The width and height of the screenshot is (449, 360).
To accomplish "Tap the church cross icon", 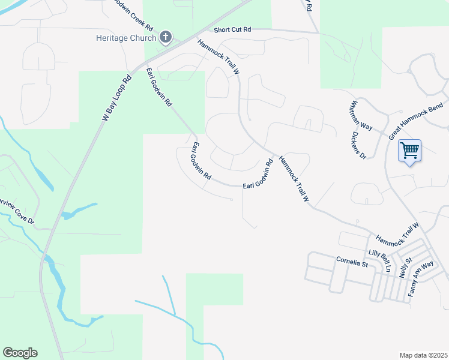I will [166, 38].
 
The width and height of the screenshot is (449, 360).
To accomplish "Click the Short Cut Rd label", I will [232, 29].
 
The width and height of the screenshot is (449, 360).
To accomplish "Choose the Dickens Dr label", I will [358, 146].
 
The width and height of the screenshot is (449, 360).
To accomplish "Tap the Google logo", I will [20, 353].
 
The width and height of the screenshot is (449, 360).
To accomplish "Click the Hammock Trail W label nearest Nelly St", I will [396, 231].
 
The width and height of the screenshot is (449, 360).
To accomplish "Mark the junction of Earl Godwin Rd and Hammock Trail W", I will [274, 158].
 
